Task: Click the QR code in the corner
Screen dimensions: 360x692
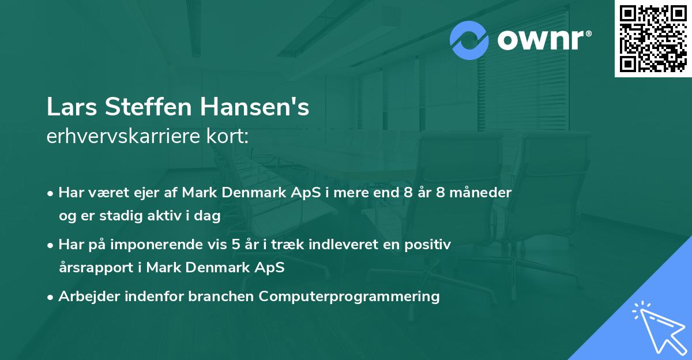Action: (653, 39)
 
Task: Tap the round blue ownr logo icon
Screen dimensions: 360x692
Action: (469, 40)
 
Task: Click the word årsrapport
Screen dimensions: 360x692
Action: (100, 268)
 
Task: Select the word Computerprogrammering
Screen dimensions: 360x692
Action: (349, 297)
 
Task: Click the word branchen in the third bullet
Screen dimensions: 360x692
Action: (221, 297)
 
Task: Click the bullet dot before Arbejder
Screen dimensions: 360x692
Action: (51, 297)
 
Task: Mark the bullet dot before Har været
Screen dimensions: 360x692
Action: (51, 193)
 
